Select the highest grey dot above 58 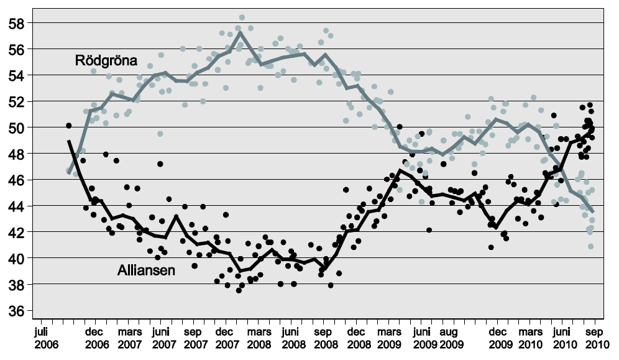242,17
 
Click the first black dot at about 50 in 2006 69,126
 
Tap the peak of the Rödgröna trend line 240,32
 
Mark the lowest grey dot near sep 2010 591,247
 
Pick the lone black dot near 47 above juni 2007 160,164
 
